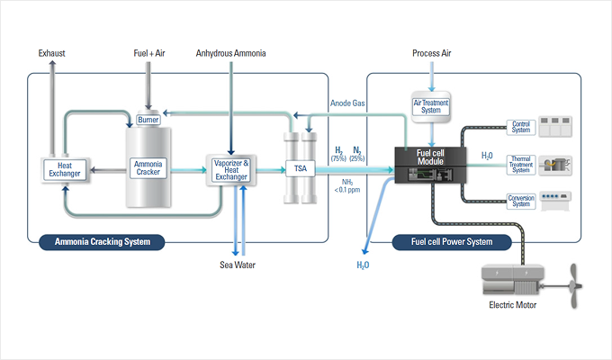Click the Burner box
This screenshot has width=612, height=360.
[148, 120]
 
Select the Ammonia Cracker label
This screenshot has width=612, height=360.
[148, 167]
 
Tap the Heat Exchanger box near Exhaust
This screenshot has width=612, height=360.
[64, 167]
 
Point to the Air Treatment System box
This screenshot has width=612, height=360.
[430, 105]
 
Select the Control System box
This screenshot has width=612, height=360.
[521, 127]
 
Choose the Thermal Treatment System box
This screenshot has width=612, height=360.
[521, 165]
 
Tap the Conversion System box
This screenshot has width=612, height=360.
[521, 201]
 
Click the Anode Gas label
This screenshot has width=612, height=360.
[346, 103]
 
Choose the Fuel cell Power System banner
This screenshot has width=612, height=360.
[452, 241]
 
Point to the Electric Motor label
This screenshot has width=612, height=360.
[515, 304]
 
